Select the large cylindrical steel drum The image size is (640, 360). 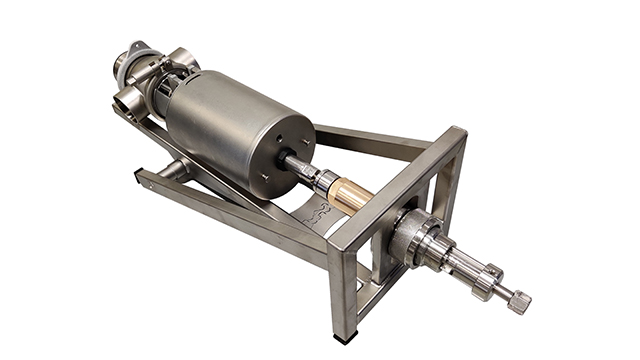[235, 125]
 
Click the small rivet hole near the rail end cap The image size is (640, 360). [149, 183]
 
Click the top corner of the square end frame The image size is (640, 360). [458, 132]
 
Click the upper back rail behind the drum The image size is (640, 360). [370, 137]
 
